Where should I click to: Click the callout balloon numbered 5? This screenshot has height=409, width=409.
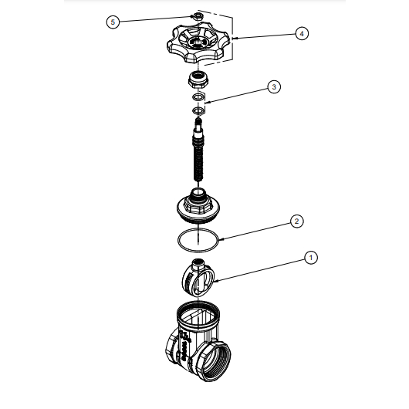113,22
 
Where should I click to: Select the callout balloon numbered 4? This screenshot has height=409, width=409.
302,34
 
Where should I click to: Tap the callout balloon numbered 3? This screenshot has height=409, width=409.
274,87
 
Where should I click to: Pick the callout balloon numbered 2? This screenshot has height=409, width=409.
297,221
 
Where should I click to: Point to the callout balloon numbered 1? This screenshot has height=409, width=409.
311,258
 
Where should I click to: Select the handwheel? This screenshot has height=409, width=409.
196,43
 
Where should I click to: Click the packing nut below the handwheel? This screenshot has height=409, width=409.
198,79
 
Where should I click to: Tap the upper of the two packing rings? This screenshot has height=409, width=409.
198,97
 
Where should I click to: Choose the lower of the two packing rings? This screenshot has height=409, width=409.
198,111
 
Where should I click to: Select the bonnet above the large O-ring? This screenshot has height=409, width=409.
198,205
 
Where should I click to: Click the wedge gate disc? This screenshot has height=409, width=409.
198,278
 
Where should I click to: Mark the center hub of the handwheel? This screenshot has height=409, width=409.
197,42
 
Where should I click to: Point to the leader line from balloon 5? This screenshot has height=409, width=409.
156,19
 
